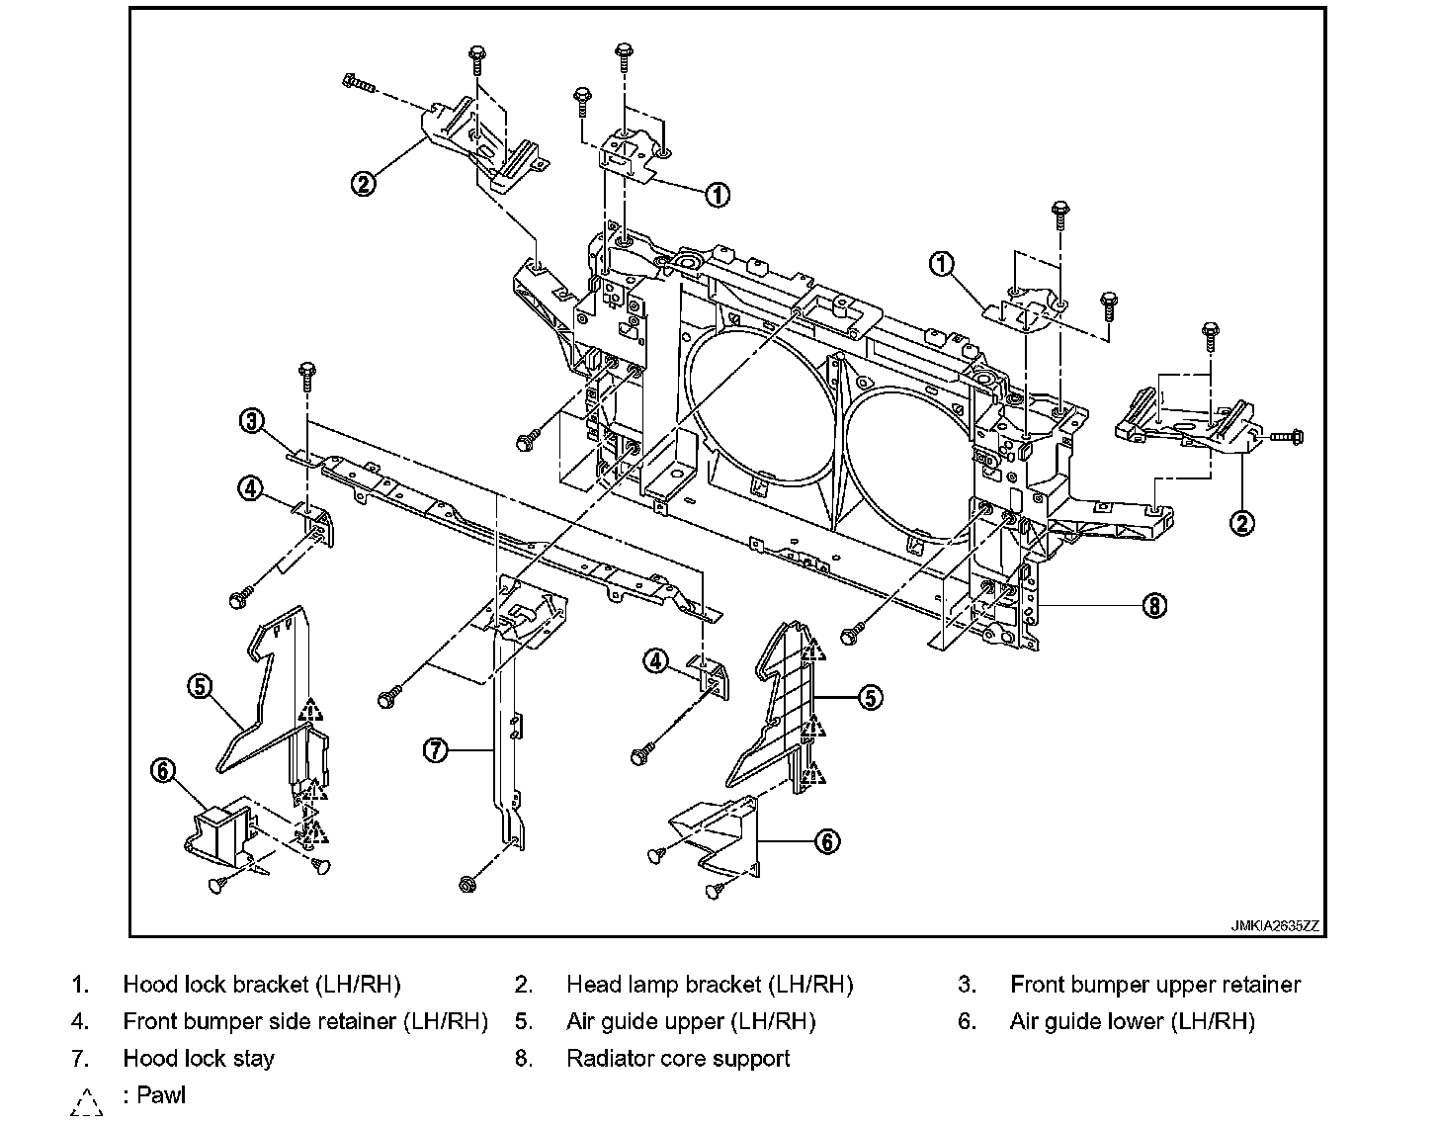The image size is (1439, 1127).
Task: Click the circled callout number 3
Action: coord(253,422)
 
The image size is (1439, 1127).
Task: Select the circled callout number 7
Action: coord(436,751)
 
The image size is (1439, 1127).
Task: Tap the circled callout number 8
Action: coord(1153,604)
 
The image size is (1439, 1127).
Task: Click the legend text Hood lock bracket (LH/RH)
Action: coord(262,985)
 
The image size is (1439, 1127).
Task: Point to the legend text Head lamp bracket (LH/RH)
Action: coord(710,985)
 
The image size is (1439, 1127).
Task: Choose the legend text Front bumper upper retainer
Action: coord(1155,985)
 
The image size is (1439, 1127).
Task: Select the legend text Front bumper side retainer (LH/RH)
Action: coord(305,1021)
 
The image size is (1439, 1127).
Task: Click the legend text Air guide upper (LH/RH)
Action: coord(691,1021)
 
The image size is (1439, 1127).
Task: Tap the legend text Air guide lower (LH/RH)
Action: coord(1133,1021)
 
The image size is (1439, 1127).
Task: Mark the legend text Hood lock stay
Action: coord(199,1058)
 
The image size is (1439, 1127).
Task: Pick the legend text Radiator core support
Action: coord(678,1058)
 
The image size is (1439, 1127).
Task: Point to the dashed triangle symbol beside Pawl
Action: coord(87,1100)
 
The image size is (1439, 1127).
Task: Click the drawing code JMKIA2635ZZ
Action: coord(1275,926)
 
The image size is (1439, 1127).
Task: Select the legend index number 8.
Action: coord(524,1058)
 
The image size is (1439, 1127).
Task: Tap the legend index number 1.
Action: coord(80,985)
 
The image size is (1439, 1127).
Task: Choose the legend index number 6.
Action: coord(967,1021)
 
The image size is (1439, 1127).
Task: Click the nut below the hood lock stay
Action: coord(467,883)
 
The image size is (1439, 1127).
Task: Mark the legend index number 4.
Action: coord(80,1021)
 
